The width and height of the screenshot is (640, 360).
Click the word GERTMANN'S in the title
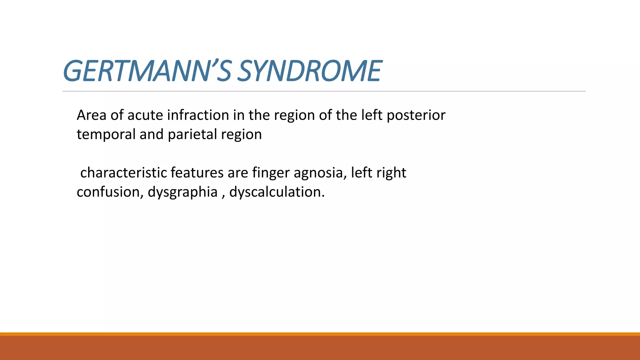[x=147, y=71]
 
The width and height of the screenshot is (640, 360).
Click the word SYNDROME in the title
[x=309, y=71]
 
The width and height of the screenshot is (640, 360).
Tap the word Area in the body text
[x=92, y=115]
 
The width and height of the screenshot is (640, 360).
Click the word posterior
[x=416, y=115]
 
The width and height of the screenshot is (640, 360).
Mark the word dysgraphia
[x=182, y=192]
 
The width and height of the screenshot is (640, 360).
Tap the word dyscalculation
[x=277, y=192]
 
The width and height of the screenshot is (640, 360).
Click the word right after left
[x=392, y=173]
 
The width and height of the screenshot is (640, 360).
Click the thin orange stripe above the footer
[x=320, y=334]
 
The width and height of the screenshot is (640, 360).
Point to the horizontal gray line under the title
[x=324, y=91]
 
